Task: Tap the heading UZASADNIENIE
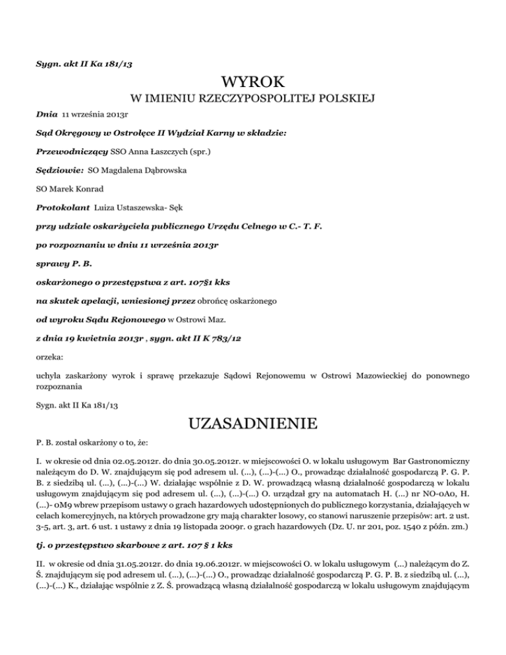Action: (254, 422)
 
